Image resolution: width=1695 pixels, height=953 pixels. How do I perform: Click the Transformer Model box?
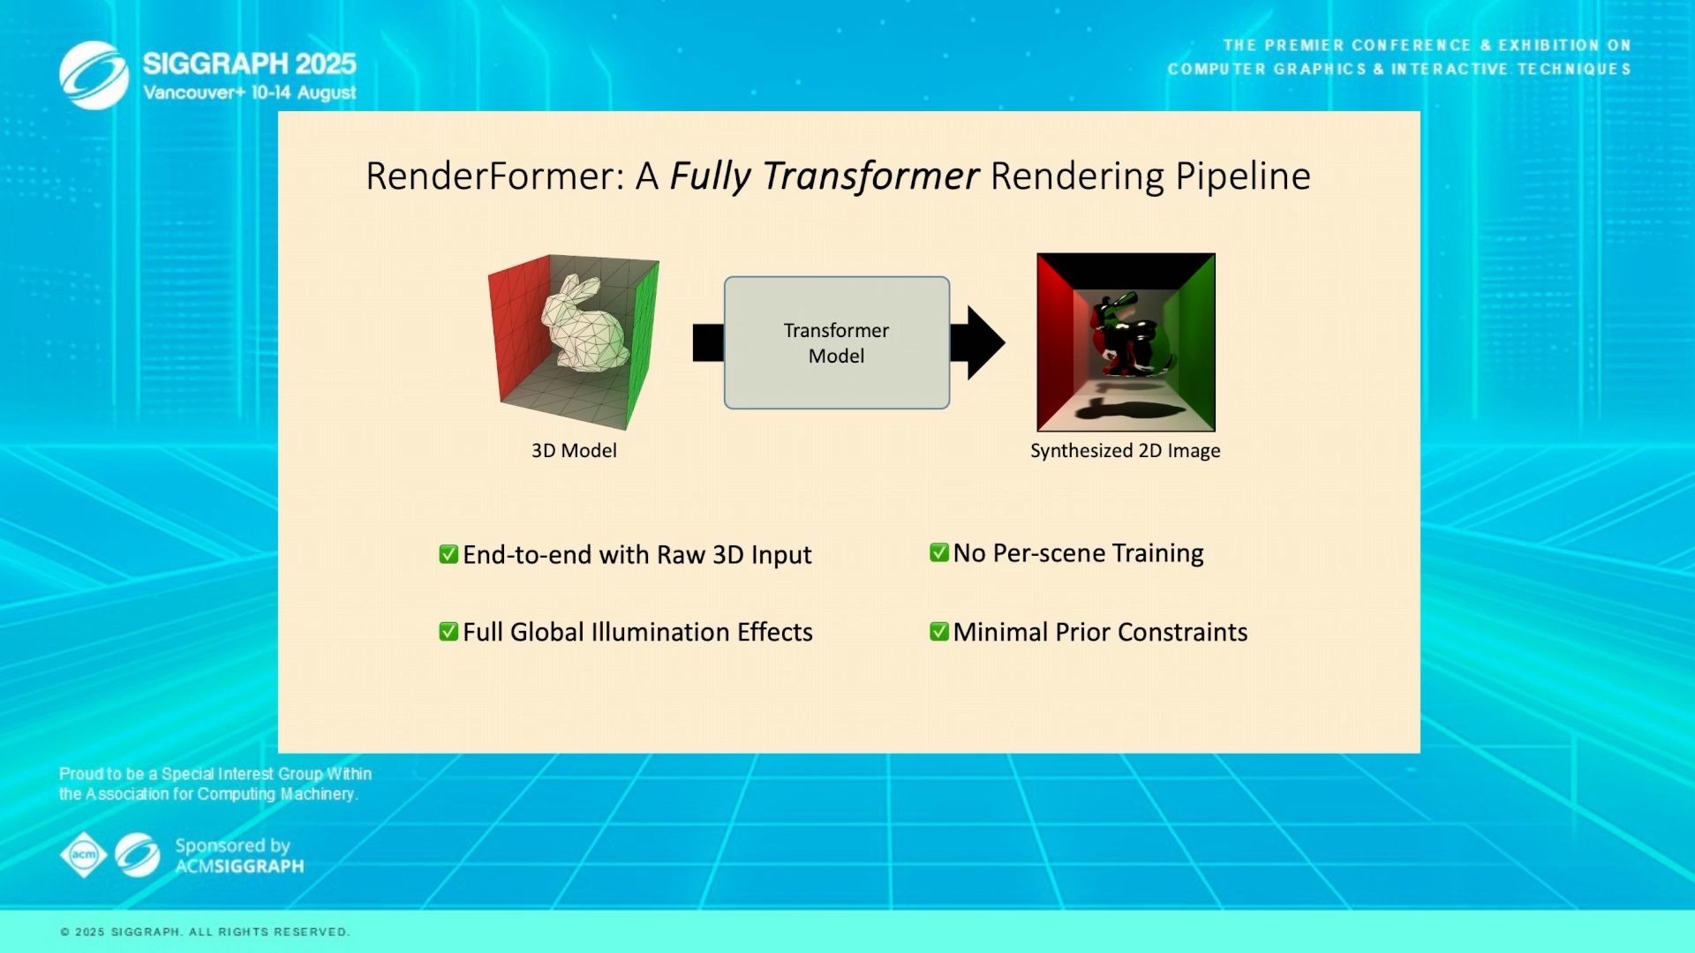coord(837,342)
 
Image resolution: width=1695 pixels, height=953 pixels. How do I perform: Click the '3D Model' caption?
coord(574,451)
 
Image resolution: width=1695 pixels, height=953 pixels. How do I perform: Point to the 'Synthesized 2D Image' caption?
coord(1126,451)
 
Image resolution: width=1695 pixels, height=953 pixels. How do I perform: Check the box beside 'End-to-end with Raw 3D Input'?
coord(448,554)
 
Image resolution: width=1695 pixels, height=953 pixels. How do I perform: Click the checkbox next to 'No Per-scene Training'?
coord(939,552)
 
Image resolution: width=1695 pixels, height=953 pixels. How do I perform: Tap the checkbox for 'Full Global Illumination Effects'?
coord(448,632)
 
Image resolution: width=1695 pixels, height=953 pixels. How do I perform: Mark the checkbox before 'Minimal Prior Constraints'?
coord(939,632)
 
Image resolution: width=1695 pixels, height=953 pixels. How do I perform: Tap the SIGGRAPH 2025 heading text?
coord(250,64)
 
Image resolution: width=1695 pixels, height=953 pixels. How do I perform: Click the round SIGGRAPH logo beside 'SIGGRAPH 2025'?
coord(94,75)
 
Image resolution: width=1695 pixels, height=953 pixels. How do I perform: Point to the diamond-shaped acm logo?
coord(84,855)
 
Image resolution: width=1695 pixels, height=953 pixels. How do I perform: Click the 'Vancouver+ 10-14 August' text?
coord(250,93)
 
